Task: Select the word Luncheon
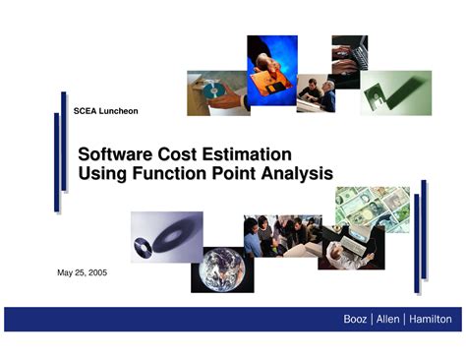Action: click(x=119, y=111)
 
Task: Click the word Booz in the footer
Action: click(x=354, y=319)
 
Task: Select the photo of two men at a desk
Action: click(x=317, y=94)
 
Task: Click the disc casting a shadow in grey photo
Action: click(x=166, y=236)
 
